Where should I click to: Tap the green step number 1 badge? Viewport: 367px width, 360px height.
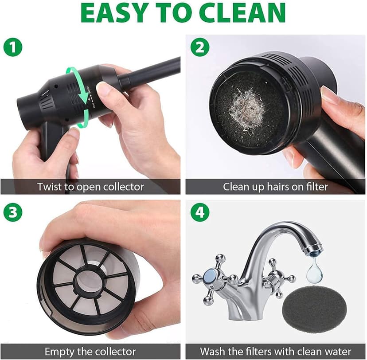click(13, 47)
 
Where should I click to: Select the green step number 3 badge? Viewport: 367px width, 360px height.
click(13, 212)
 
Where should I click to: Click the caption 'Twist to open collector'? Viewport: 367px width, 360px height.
click(90, 187)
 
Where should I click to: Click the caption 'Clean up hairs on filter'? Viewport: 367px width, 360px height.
click(275, 187)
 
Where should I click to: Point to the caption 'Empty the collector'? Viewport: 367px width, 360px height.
click(90, 351)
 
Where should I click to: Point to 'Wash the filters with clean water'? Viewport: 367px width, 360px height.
click(275, 351)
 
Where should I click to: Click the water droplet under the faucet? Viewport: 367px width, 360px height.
click(314, 271)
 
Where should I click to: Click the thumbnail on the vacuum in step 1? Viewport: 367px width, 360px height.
click(103, 90)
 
